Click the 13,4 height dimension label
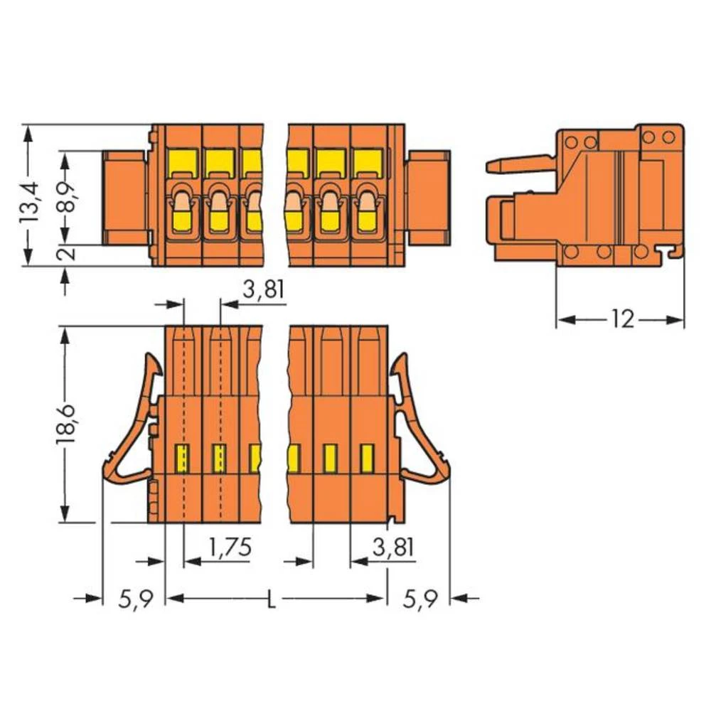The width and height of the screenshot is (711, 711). coord(31,203)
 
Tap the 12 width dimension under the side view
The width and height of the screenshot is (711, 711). coord(621,319)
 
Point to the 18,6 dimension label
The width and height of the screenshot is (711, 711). coord(66,424)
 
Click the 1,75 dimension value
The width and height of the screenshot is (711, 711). coord(230,547)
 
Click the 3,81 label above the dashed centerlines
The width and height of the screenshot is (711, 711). coord(264,291)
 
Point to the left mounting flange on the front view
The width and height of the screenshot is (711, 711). coord(125,196)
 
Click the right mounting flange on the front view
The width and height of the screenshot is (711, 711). coord(429,196)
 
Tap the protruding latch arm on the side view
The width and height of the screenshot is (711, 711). coord(519,164)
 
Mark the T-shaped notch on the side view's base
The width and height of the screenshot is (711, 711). coord(667,251)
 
